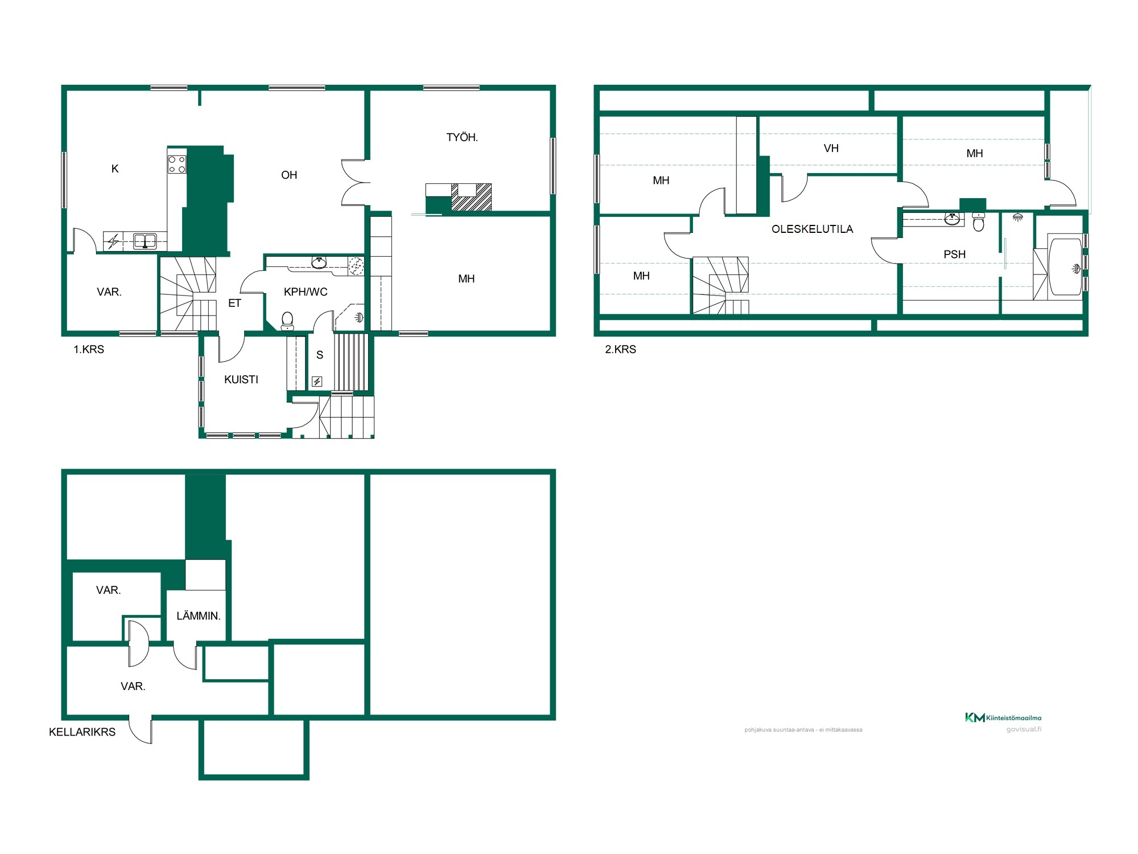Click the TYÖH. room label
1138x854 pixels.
pyautogui.click(x=462, y=137)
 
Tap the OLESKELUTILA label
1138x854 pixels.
pyautogui.click(x=812, y=229)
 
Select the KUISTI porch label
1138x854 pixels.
pyautogui.click(x=241, y=380)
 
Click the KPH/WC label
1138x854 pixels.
pyautogui.click(x=306, y=292)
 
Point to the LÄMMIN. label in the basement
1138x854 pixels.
pyautogui.click(x=198, y=615)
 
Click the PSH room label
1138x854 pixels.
pyautogui.click(x=955, y=254)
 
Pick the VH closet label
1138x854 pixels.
pyautogui.click(x=831, y=149)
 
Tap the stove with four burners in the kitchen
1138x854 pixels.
pyautogui.click(x=177, y=165)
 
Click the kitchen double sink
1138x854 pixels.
pyautogui.click(x=145, y=241)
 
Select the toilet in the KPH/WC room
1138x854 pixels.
pyautogui.click(x=287, y=321)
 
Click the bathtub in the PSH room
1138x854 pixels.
pyautogui.click(x=1065, y=266)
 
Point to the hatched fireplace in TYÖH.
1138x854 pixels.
pyautogui.click(x=471, y=197)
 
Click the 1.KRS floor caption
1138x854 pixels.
pyautogui.click(x=89, y=350)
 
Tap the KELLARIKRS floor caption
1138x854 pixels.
pyautogui.click(x=82, y=732)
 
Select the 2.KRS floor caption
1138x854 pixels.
pyautogui.click(x=620, y=350)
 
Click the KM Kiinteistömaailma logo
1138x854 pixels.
pyautogui.click(x=1003, y=718)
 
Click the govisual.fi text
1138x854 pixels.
pyautogui.click(x=1024, y=729)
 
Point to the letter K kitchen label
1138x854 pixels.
pyautogui.click(x=115, y=169)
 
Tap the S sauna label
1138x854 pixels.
pyautogui.click(x=320, y=355)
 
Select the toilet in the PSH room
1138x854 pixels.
pyautogui.click(x=979, y=221)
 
